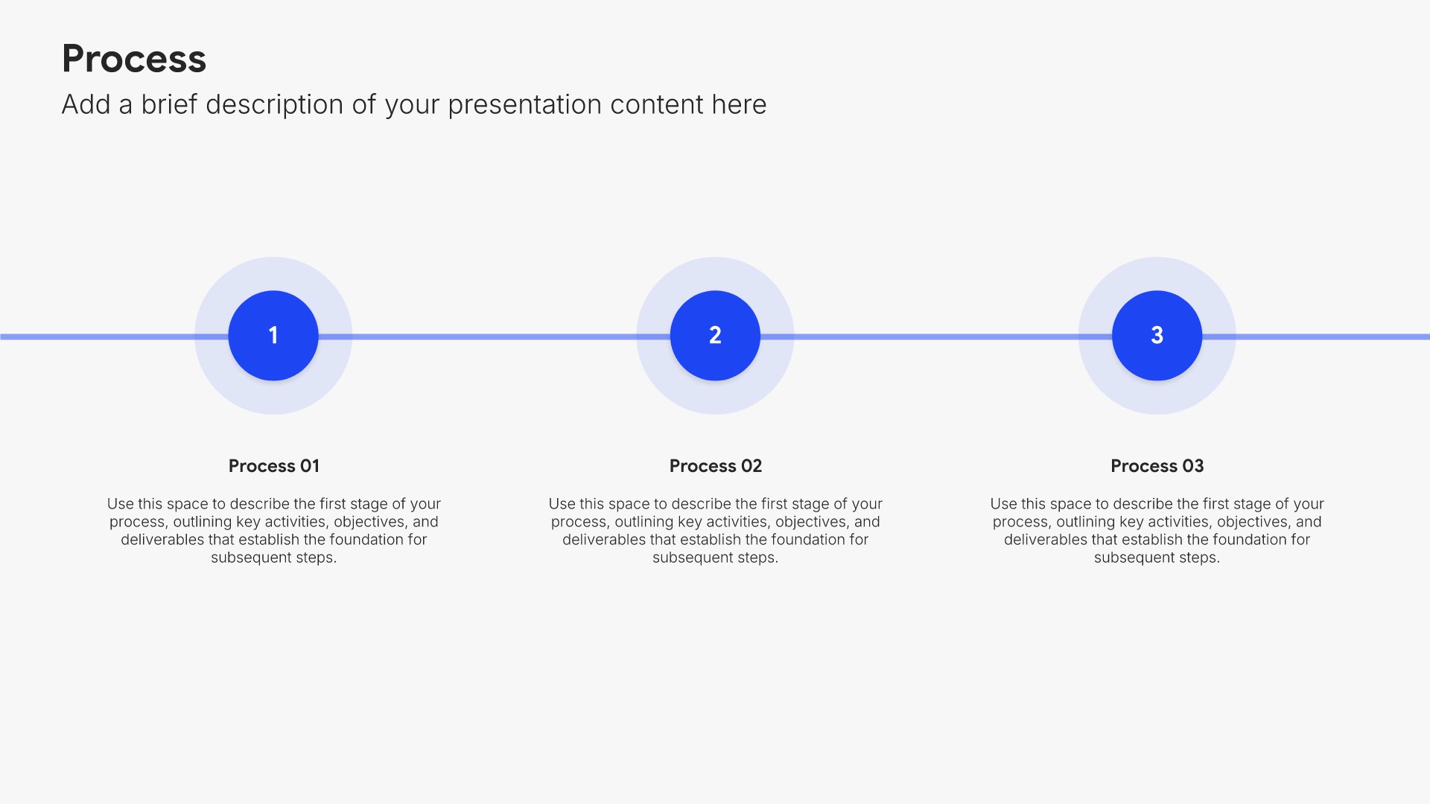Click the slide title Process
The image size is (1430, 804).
coord(134,59)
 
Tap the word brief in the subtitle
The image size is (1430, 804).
coord(170,104)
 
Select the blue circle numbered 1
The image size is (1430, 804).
coord(273,336)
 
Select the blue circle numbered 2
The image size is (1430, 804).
coord(715,336)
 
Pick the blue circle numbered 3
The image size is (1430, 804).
coord(1157,336)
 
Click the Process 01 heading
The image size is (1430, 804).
coord(274,466)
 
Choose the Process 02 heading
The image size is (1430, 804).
coord(716,466)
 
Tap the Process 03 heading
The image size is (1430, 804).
coord(1157,466)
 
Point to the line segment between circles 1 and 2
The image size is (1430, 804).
coord(495,336)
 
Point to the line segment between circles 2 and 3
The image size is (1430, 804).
coord(936,336)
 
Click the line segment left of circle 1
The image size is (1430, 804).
coord(114,336)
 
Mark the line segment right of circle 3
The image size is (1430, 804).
coord(1316,336)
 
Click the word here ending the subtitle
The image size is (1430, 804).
coord(739,105)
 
